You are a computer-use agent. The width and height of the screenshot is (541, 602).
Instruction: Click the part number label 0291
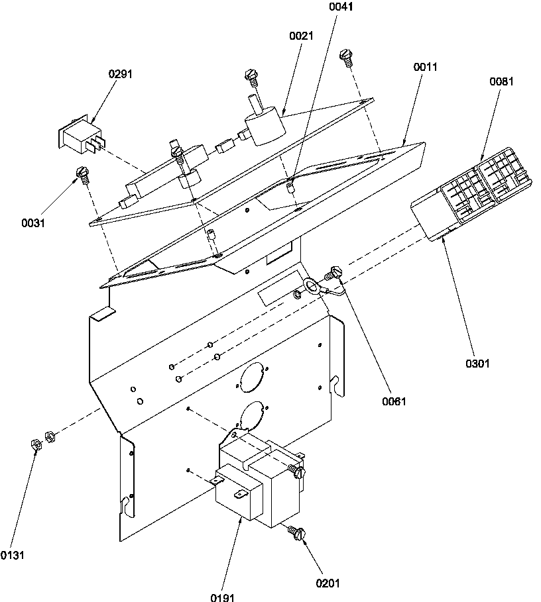pos(121,74)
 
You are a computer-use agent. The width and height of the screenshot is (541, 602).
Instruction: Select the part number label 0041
pos(341,8)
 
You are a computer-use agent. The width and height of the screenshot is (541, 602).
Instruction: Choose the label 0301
pos(477,363)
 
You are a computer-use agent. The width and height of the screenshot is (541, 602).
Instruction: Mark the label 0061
pos(394,401)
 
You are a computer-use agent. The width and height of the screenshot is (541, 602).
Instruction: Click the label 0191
pos(223,597)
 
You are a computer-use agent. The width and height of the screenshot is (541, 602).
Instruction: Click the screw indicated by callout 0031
pos(82,173)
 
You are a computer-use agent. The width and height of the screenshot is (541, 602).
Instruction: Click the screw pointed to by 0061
pos(333,272)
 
